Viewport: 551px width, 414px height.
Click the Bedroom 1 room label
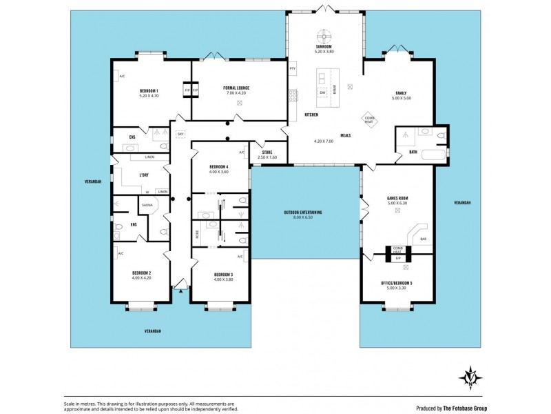149,91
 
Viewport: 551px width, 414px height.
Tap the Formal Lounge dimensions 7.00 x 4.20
239,94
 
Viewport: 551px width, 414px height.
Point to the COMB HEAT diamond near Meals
369,119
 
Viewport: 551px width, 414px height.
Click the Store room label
267,152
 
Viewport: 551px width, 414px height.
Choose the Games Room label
397,198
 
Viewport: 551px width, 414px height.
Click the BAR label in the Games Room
424,239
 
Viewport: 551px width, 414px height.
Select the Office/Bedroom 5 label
397,283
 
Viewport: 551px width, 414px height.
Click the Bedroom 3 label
223,274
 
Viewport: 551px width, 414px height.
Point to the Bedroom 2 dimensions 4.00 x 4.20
141,277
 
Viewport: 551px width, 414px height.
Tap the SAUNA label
147,205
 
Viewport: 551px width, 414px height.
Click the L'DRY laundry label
144,175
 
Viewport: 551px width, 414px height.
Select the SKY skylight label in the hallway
180,134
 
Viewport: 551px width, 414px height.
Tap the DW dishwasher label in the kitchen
322,91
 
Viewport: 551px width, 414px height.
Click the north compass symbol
470,376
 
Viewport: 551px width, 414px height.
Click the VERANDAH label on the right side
463,203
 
